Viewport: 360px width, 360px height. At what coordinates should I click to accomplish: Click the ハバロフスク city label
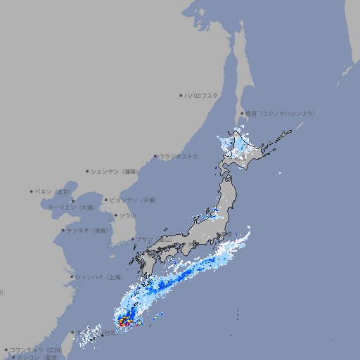click(202, 95)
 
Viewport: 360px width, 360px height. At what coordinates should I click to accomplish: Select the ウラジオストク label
click(179, 156)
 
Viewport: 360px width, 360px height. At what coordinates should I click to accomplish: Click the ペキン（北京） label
click(54, 191)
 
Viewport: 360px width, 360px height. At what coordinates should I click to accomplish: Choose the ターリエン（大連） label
click(71, 207)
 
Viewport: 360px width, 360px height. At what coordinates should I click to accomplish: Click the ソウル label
click(127, 215)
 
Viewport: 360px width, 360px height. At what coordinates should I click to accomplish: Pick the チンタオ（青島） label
click(87, 230)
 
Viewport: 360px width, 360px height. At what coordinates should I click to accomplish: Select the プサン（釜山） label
click(154, 239)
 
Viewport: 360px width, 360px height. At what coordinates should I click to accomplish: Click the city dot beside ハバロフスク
click(181, 95)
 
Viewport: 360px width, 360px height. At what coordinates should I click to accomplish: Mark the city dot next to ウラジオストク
click(155, 156)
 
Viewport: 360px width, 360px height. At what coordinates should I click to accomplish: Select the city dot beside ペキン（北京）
click(32, 191)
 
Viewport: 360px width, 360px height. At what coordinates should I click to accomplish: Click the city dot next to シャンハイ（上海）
click(72, 277)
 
